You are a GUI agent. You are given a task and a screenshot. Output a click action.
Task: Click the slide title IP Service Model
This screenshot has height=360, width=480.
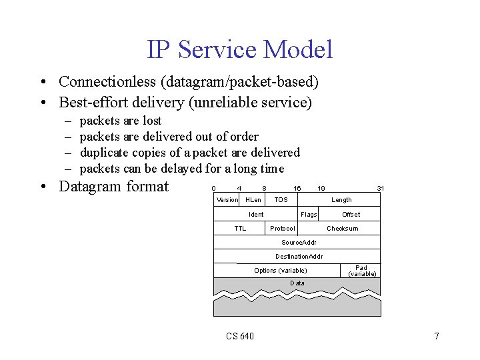(239, 49)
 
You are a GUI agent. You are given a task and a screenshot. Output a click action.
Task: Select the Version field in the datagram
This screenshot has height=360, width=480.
(227, 200)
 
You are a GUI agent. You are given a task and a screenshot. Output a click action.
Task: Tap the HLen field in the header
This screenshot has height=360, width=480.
(253, 200)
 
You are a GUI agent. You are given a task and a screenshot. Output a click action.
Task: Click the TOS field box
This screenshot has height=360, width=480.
(281, 200)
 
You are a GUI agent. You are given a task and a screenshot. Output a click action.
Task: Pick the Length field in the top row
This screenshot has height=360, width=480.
(341, 200)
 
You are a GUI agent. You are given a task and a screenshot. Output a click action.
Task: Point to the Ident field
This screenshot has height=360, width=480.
(256, 215)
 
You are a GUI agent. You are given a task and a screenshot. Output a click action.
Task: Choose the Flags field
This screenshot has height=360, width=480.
(309, 215)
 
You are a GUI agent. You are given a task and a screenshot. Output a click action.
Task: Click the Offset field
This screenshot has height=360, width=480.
(351, 215)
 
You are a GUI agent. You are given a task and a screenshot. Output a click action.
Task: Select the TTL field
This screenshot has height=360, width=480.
(240, 229)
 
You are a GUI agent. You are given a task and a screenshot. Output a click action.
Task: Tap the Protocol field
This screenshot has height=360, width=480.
(283, 229)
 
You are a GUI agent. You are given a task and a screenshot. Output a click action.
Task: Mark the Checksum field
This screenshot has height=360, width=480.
(342, 229)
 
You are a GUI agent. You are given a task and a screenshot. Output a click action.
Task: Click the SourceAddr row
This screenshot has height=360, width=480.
(297, 243)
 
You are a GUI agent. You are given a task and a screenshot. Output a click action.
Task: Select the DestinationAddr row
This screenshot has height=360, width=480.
(297, 257)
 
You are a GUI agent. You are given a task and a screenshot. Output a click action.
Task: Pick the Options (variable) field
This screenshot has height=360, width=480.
(281, 271)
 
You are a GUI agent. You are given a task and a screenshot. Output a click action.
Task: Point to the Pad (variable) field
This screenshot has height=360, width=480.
(362, 271)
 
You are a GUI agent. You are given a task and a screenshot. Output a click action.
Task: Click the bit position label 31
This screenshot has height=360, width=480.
(380, 189)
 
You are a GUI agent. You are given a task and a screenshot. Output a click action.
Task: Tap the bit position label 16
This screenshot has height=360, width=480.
(297, 189)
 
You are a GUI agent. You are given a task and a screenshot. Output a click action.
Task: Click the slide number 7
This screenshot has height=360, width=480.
(437, 336)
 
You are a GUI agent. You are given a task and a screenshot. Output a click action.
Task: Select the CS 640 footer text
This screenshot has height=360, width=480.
(240, 336)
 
